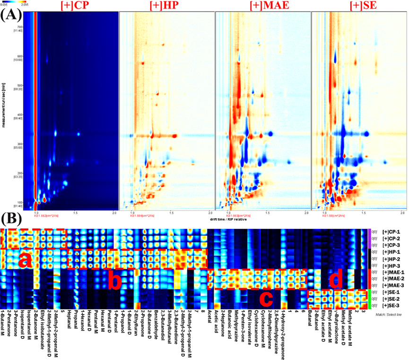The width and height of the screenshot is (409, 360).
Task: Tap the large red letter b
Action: click(x=116, y=280)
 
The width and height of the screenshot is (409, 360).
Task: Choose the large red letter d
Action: click(x=335, y=280)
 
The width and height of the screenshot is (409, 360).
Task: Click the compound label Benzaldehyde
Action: click(x=160, y=326)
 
